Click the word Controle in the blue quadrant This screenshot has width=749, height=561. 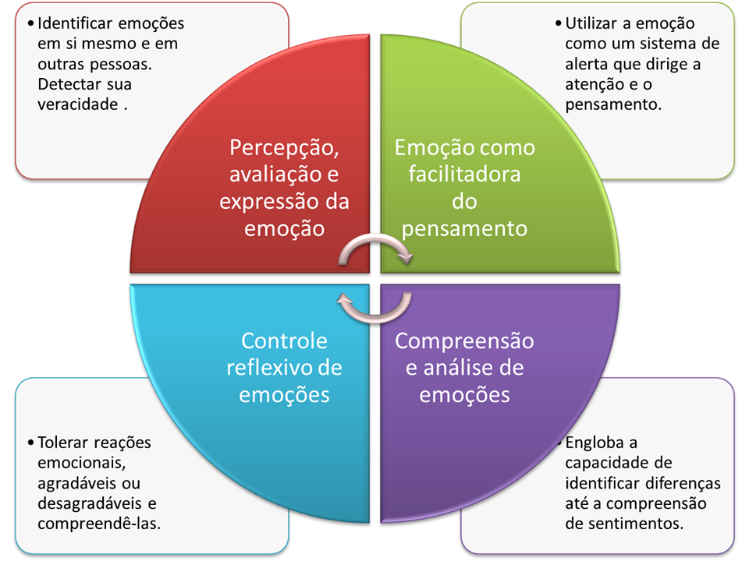pos(284,341)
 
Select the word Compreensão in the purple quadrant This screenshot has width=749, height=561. pos(464,341)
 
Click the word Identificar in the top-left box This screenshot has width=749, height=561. pos(74,23)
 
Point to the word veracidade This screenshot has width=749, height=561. pos(77,105)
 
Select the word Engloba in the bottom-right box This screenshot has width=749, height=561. pos(592,443)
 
